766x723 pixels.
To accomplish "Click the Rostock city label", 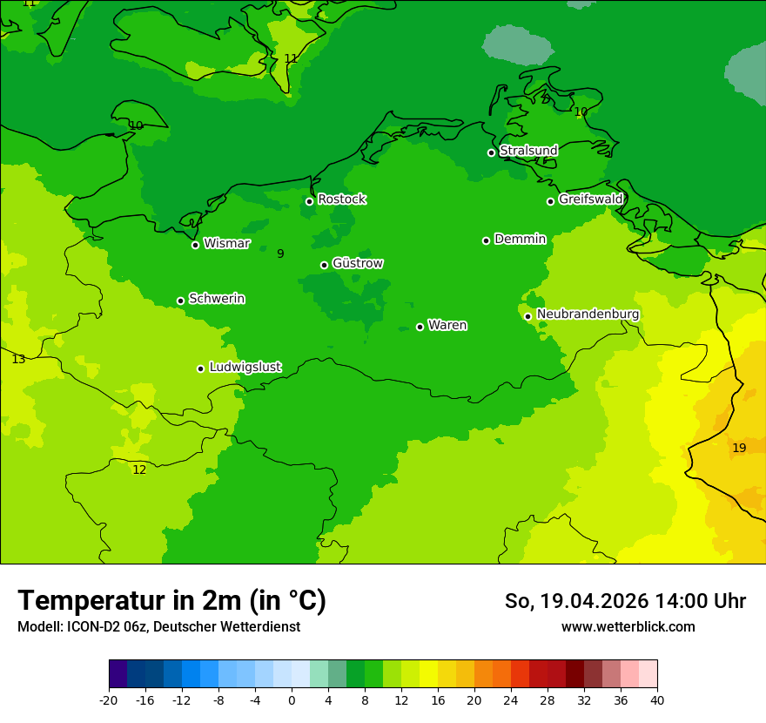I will pyautogui.click(x=341, y=199).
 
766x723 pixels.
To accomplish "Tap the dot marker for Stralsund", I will pyautogui.click(x=491, y=152).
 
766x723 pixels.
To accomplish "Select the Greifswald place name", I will pyautogui.click(x=590, y=199).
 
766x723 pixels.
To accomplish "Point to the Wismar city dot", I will pyautogui.click(x=196, y=245).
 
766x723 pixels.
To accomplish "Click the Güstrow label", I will pyautogui.click(x=358, y=263).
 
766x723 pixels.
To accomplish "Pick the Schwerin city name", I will pyautogui.click(x=217, y=299).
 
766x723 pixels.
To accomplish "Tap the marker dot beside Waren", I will pyautogui.click(x=420, y=327).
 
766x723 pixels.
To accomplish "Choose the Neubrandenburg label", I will pyautogui.click(x=588, y=314).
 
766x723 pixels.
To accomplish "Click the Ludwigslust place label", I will pyautogui.click(x=245, y=368).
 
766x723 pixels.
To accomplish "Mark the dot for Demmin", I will pyautogui.click(x=486, y=240).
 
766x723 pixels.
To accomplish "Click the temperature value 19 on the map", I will pyautogui.click(x=739, y=448).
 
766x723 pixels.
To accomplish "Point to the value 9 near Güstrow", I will pyautogui.click(x=280, y=253).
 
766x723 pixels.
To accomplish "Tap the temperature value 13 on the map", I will pyautogui.click(x=18, y=359).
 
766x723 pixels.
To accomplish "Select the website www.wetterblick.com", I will pyautogui.click(x=628, y=627).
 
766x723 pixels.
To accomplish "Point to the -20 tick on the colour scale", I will pyautogui.click(x=109, y=700).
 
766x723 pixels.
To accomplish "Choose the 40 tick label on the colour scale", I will pyautogui.click(x=657, y=700).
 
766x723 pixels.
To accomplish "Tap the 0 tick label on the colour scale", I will pyautogui.click(x=292, y=700).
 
